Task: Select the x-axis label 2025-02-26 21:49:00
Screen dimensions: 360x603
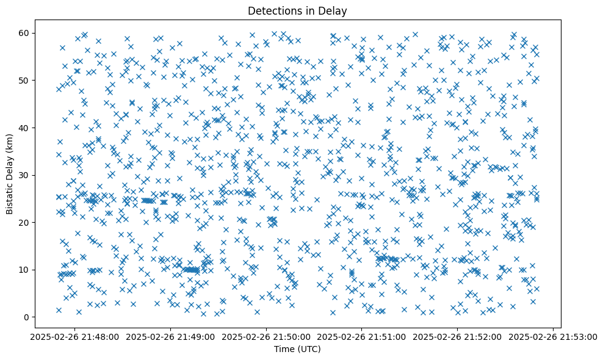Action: (x=170, y=336)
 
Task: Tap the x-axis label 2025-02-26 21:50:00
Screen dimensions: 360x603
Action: (x=265, y=336)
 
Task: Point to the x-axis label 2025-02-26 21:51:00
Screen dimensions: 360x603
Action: (x=361, y=336)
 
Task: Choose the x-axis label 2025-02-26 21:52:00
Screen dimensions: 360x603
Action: (x=457, y=336)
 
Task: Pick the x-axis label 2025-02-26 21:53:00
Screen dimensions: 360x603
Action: (x=553, y=336)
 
